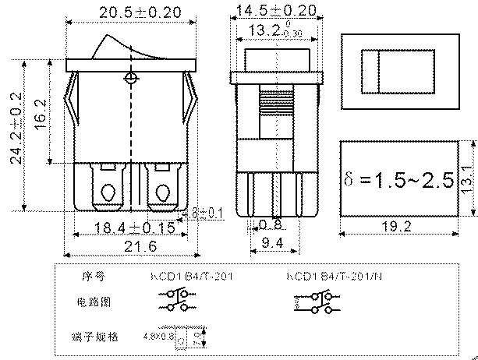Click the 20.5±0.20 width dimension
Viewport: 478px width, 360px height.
pos(129,13)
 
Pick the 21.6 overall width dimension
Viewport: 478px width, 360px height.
pos(129,246)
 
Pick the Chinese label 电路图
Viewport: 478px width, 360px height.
pos(92,301)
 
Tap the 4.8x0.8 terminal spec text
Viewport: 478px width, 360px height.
pos(159,337)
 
